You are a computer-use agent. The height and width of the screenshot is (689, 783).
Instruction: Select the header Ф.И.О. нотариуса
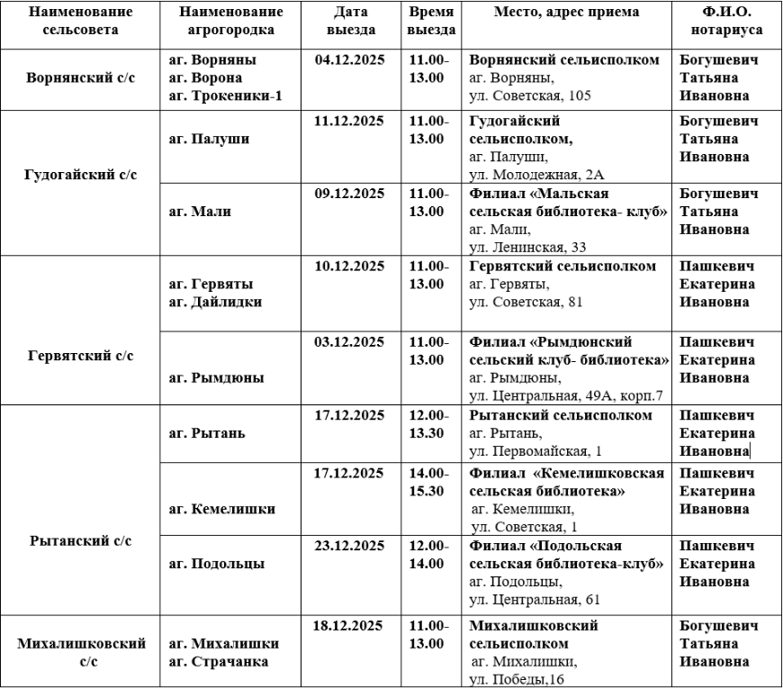coord(726,22)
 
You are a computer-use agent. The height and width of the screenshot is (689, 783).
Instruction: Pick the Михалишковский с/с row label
coord(81,653)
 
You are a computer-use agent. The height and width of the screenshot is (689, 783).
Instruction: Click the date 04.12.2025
coord(349,61)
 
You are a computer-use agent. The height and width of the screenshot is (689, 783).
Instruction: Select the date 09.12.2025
coord(349,194)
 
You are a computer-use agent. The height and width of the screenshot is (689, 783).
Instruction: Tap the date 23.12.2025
coord(349,546)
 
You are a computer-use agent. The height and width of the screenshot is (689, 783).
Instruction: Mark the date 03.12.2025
coord(349,342)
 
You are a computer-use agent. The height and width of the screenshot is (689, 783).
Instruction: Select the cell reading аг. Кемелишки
coord(221,509)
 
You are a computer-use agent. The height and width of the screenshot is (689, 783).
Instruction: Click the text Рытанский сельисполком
coord(560,415)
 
